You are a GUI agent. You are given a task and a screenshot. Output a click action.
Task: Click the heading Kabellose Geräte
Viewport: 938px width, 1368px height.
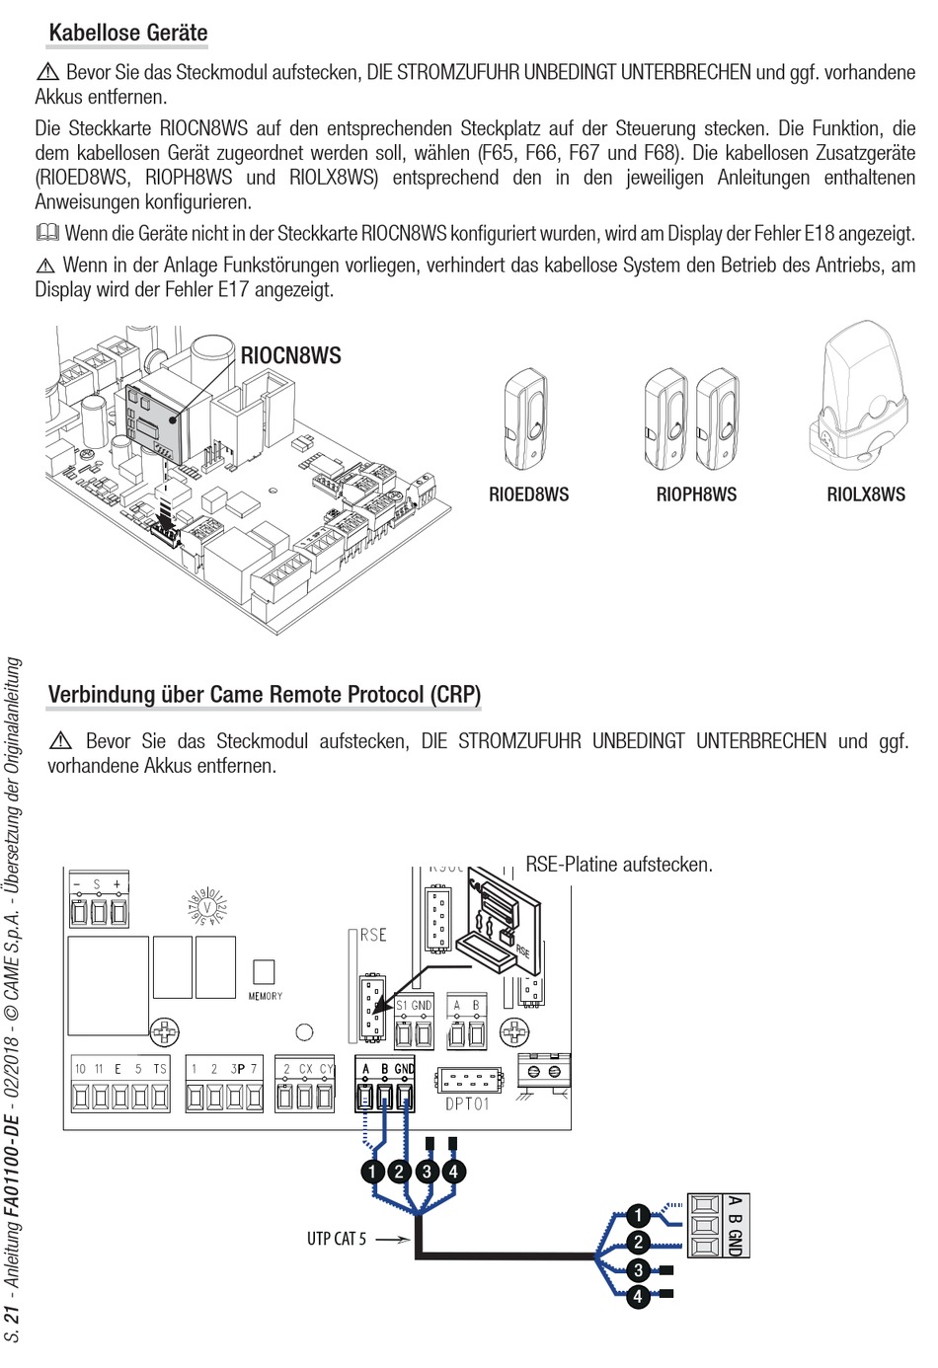tap(127, 33)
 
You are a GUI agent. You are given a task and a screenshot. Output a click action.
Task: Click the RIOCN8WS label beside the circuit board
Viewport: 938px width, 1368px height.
tap(291, 355)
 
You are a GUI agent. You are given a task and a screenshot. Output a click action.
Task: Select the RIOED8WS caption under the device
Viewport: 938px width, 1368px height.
tap(528, 494)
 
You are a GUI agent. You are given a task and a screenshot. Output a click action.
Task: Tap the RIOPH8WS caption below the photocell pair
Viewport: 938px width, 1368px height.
tap(696, 494)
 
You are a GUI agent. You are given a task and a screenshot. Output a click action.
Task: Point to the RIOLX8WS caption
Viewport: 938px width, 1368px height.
tap(866, 494)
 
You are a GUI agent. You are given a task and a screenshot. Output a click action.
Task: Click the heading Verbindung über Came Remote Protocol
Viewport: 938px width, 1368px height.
tap(264, 695)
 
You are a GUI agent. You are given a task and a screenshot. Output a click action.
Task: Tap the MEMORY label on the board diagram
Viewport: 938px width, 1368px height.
tap(265, 996)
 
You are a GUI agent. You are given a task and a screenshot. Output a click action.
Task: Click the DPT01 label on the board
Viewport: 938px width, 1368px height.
tap(467, 1103)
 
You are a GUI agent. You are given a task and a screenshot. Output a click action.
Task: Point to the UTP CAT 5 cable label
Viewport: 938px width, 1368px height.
tap(336, 1239)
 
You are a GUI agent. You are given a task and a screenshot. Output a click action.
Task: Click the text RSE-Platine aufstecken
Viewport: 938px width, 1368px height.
tap(619, 865)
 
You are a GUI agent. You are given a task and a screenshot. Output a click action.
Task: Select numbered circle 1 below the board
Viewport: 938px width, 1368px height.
tap(372, 1172)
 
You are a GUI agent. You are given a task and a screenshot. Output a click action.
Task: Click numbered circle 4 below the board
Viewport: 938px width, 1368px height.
tap(453, 1172)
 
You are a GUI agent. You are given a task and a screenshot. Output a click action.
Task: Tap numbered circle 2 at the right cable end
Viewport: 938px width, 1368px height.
tap(639, 1242)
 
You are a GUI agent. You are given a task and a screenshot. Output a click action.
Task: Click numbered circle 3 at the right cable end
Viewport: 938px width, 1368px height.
tap(639, 1269)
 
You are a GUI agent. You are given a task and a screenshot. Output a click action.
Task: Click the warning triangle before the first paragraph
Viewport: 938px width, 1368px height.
tap(47, 72)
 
